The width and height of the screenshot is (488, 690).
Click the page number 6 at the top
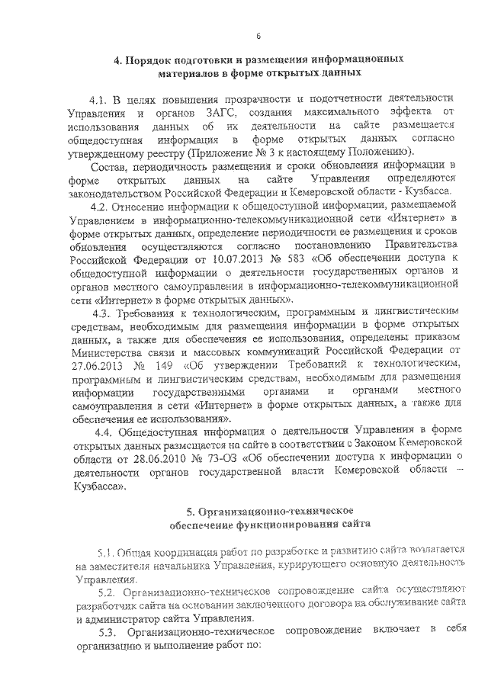(258, 37)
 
